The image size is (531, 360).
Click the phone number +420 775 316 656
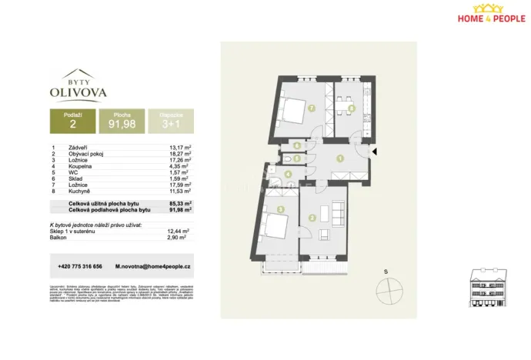click(80, 266)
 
